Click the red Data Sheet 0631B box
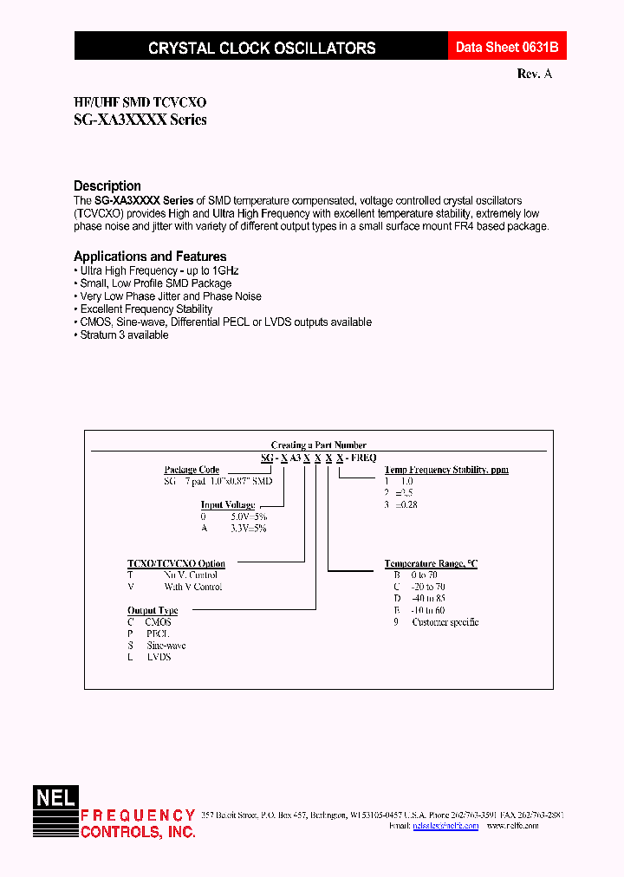click(499, 49)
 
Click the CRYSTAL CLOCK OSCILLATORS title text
click(262, 49)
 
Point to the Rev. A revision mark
click(534, 75)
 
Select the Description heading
click(107, 185)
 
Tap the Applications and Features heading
click(150, 257)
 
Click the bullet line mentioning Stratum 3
click(124, 335)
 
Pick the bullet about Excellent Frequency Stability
click(146, 309)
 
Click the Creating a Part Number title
click(318, 445)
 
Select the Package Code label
click(192, 470)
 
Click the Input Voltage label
click(227, 504)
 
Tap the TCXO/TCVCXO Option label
click(176, 564)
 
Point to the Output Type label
click(153, 611)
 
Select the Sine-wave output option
click(165, 646)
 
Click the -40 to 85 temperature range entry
click(429, 599)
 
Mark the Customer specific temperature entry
click(445, 622)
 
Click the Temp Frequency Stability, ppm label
click(446, 470)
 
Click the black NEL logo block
click(55, 797)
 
